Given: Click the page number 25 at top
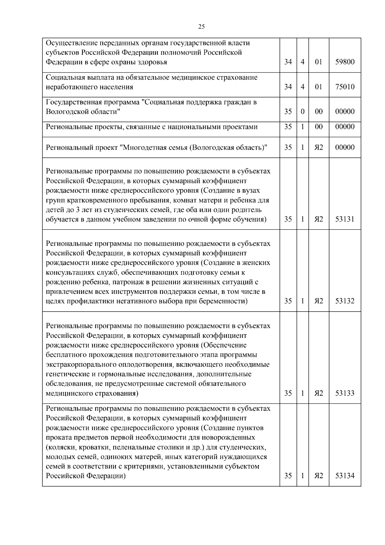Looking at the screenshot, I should tap(201, 27).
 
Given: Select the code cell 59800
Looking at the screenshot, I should tap(345, 62).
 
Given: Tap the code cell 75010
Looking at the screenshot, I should tap(345, 87).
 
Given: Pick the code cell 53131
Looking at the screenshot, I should tap(345, 219).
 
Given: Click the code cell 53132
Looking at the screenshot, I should tap(345, 301).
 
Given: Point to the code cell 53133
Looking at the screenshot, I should tap(345, 393).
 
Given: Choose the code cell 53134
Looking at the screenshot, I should tap(345, 476).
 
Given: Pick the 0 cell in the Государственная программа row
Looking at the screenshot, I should tap(303, 112).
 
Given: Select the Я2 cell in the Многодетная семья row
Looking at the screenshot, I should tap(319, 147).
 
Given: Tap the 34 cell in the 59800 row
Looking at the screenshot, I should tap(288, 62).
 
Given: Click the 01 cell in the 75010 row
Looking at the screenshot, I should tap(319, 87).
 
